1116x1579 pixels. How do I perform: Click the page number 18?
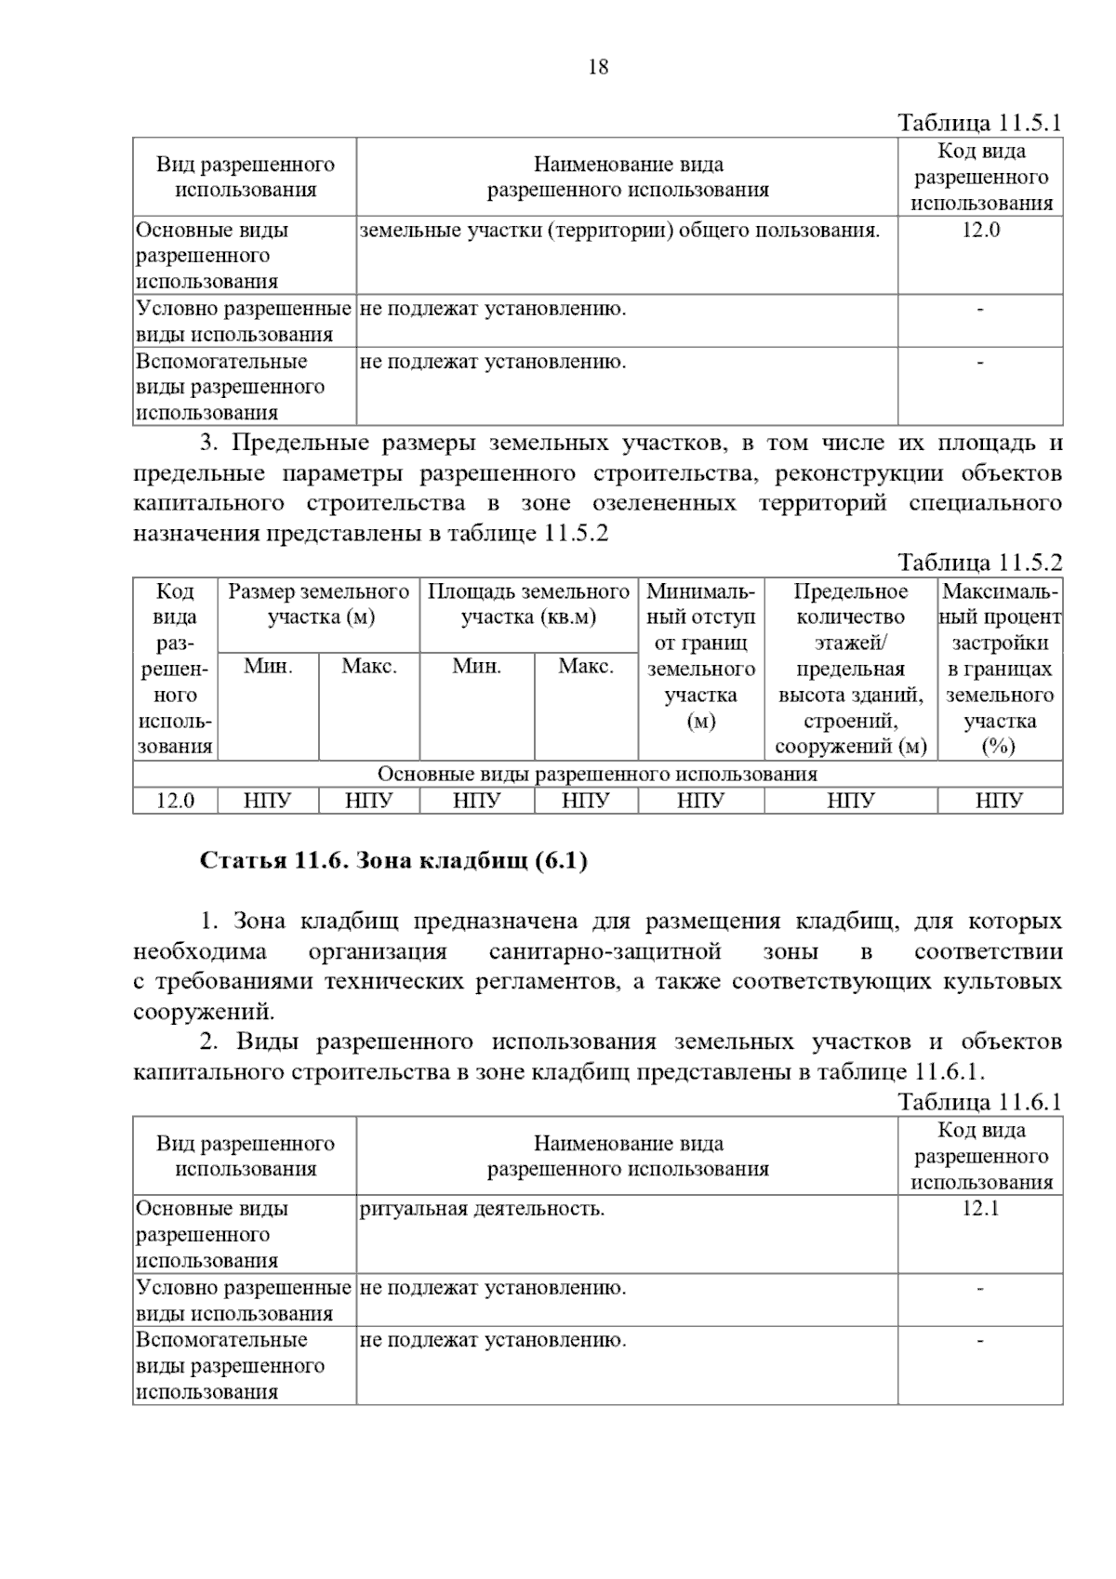click(x=598, y=67)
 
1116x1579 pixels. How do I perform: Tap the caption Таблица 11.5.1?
click(x=978, y=124)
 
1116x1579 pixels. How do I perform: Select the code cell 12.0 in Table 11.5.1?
click(x=980, y=231)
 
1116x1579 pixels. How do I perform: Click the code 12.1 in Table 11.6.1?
click(x=980, y=1209)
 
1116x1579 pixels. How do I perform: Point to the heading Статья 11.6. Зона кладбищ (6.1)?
click(x=393, y=861)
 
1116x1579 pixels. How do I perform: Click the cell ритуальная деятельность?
click(x=482, y=1209)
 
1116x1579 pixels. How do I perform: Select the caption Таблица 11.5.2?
click(x=978, y=563)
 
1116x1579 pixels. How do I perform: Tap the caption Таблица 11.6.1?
click(x=978, y=1103)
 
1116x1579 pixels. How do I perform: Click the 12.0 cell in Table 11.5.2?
click(x=175, y=801)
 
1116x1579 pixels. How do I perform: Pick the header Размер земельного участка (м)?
click(x=319, y=604)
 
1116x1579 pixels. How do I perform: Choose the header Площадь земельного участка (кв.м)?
click(x=528, y=604)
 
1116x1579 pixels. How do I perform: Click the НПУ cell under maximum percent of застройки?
click(x=999, y=801)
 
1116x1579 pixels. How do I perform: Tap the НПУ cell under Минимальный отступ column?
click(x=700, y=801)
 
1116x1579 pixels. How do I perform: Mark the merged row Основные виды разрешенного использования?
click(x=597, y=775)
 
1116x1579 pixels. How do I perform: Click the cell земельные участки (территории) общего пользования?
click(x=619, y=231)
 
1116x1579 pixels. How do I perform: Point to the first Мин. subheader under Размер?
click(x=268, y=667)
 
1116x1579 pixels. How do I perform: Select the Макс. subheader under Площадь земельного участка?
click(x=585, y=667)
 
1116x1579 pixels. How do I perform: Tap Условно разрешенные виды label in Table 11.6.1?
click(x=244, y=1300)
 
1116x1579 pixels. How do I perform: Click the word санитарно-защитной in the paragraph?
click(x=604, y=952)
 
